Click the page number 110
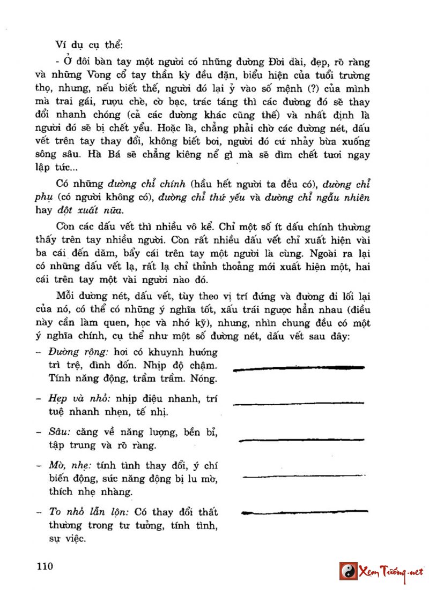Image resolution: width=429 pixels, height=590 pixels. coord(45,566)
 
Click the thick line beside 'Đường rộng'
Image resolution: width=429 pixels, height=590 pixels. coord(299,368)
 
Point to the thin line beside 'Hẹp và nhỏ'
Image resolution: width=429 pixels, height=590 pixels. coord(299,403)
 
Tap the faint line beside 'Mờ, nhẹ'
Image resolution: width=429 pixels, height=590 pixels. coord(304,475)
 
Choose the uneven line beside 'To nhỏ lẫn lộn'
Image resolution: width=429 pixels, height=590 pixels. coord(304,512)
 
